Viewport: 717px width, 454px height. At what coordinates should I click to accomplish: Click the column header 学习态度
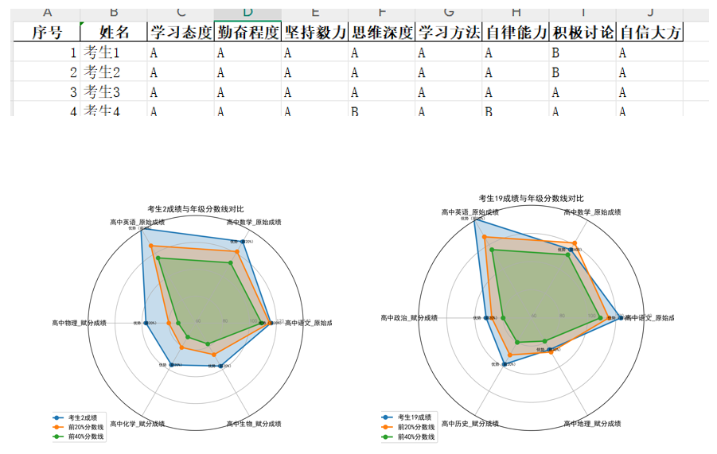pyautogui.click(x=181, y=33)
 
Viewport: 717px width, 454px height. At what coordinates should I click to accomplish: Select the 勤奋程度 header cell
pyautogui.click(x=247, y=33)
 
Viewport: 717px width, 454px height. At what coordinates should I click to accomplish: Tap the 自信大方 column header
pyautogui.click(x=650, y=33)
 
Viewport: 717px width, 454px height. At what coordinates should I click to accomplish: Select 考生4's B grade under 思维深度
pyautogui.click(x=354, y=111)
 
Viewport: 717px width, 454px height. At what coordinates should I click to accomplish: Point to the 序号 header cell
pyautogui.click(x=46, y=33)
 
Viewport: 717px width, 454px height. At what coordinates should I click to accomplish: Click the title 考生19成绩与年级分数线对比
pyautogui.click(x=530, y=198)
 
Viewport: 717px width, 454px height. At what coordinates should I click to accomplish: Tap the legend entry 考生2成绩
pyautogui.click(x=83, y=417)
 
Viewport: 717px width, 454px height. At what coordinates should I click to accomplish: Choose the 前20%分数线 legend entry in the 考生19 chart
pyautogui.click(x=416, y=427)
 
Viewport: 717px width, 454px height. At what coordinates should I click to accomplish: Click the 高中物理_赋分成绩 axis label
pyautogui.click(x=79, y=323)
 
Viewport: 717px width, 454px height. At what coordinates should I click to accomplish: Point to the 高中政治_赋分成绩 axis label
pyautogui.click(x=409, y=318)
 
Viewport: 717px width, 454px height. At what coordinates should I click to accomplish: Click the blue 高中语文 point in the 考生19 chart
pyautogui.click(x=621, y=318)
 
